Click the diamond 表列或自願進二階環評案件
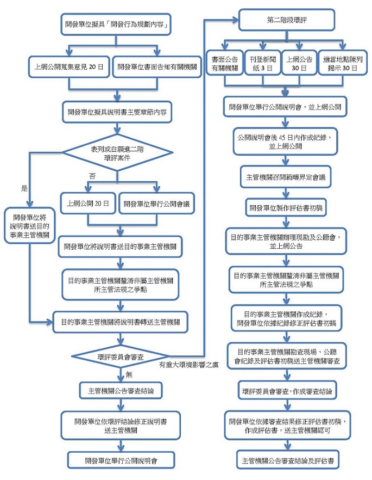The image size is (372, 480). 116,151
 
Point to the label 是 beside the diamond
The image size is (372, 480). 23,188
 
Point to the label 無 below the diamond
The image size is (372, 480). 128,374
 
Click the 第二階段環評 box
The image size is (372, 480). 283,22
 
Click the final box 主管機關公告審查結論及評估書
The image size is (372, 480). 287,460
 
